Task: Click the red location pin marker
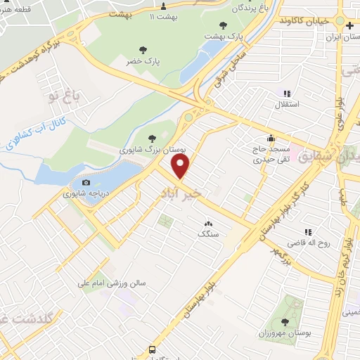point(181,167)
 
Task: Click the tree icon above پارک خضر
point(143,50)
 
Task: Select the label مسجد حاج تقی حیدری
point(272,154)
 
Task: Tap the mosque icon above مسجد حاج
point(271,138)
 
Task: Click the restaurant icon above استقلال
point(286,93)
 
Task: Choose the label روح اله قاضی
point(315,243)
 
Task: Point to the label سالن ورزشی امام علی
point(112,284)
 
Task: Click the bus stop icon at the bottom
point(152,349)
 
